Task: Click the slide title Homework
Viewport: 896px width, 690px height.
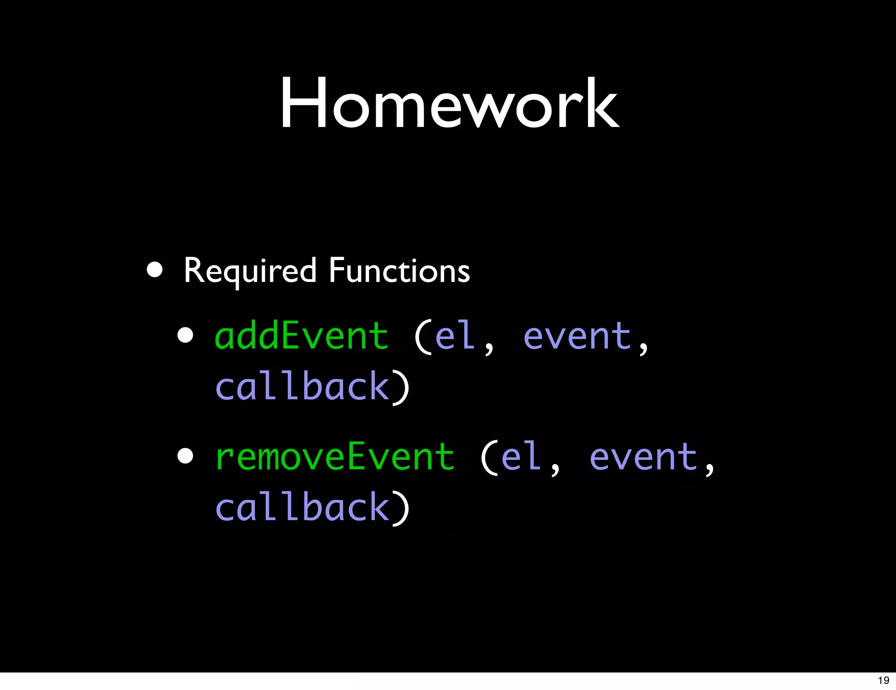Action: (x=449, y=103)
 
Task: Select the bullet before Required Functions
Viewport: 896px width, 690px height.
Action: (x=155, y=270)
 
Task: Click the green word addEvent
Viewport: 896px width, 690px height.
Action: (x=301, y=336)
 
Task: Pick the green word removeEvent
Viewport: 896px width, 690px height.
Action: (x=335, y=457)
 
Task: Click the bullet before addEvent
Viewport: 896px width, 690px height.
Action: (x=185, y=335)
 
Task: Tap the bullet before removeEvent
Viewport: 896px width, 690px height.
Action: (x=185, y=456)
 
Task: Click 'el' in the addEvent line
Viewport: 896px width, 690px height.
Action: (x=455, y=336)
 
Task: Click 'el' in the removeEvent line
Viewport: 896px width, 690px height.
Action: (x=521, y=457)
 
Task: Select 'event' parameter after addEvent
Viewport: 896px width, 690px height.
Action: (x=577, y=337)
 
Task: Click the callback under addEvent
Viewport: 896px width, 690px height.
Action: (x=302, y=386)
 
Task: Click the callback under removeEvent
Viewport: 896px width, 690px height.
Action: (x=302, y=507)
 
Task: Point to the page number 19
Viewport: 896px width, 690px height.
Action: (x=883, y=680)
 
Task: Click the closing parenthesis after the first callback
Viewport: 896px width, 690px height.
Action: (x=401, y=387)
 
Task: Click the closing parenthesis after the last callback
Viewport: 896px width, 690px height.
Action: (x=401, y=508)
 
